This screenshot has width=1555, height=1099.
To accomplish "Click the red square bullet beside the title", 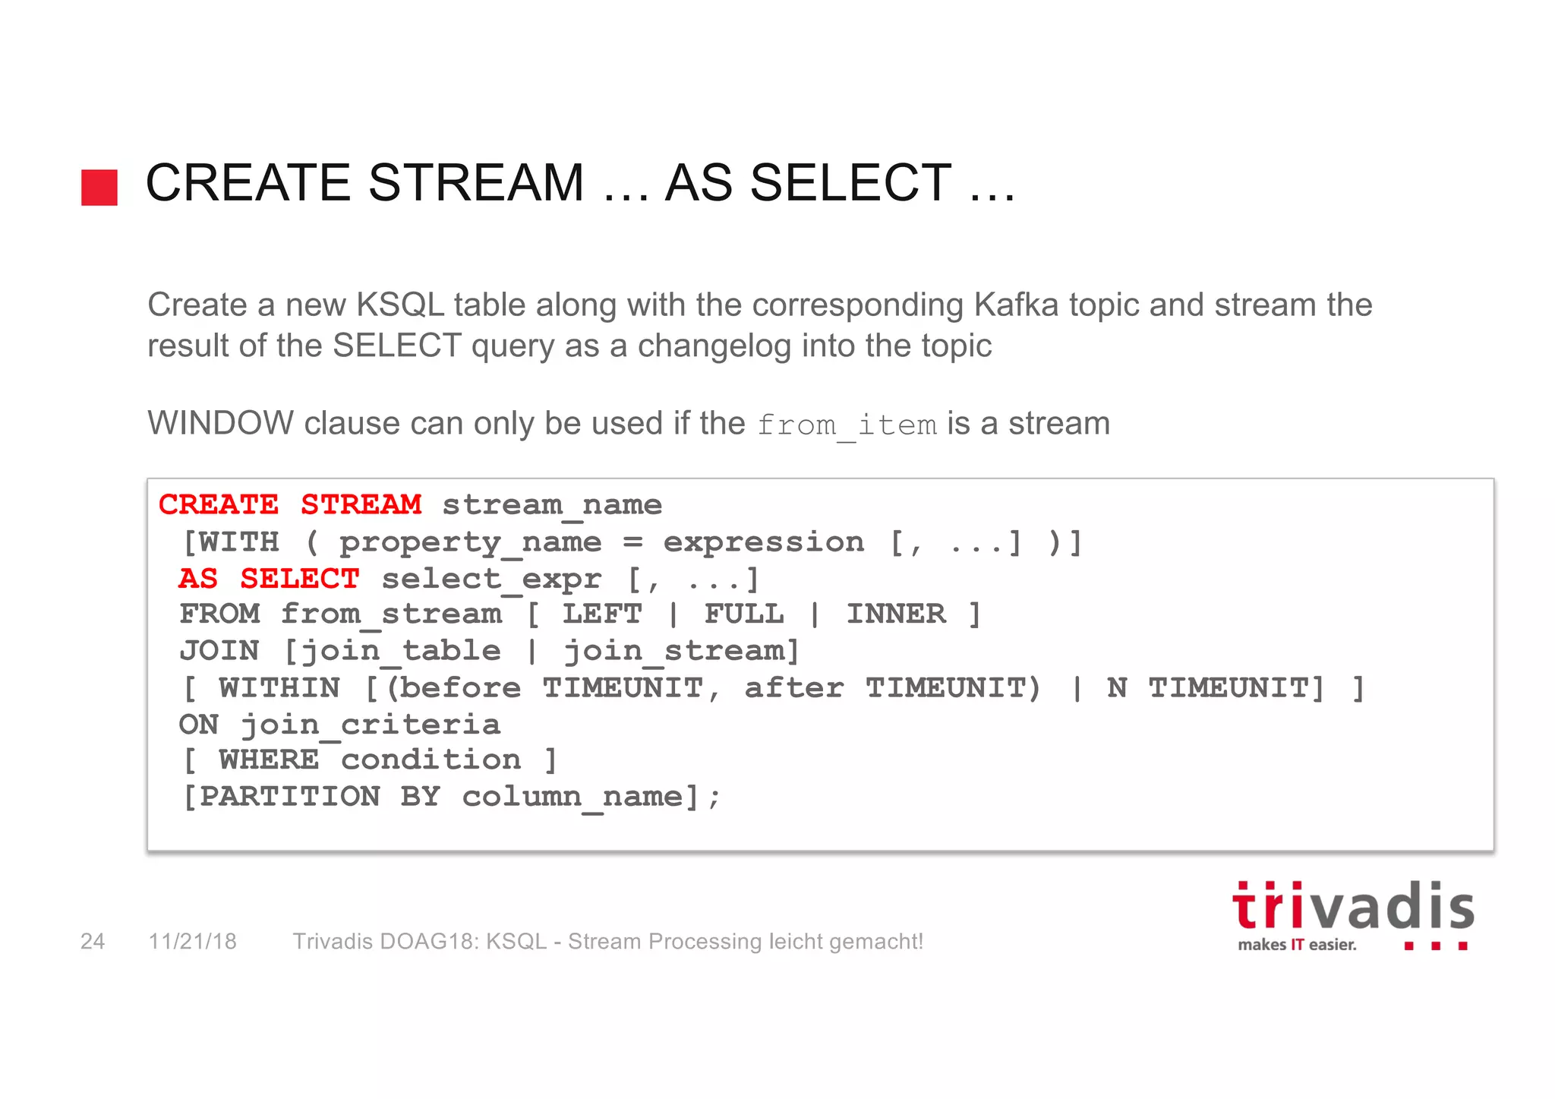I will [99, 188].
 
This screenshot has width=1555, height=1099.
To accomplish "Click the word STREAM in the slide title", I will [476, 183].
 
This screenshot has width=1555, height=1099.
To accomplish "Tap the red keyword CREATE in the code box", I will [219, 505].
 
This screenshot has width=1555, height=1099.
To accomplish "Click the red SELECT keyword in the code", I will [299, 580].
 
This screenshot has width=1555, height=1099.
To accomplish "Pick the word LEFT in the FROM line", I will [602, 614].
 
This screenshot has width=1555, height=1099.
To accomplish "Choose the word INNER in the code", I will [896, 614].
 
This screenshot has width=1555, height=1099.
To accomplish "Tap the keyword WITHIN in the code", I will [279, 689].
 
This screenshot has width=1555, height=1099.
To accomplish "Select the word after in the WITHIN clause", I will [793, 689].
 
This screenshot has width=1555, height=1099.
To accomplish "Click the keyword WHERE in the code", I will [269, 760].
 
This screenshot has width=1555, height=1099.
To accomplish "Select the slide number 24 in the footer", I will [93, 942].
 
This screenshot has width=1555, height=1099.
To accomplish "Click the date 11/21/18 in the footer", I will [193, 942].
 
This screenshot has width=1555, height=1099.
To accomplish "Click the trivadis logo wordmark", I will [1352, 908].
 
